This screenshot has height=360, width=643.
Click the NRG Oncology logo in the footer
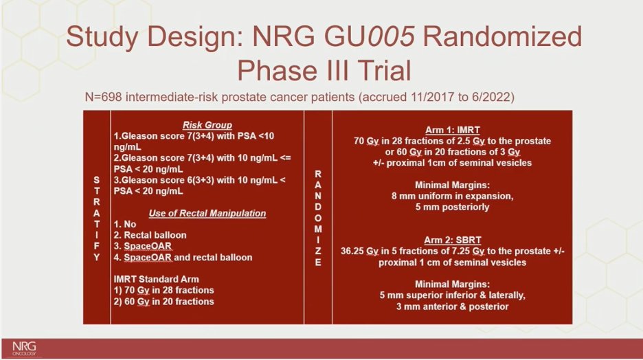click(x=24, y=348)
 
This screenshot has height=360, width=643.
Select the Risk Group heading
click(x=207, y=125)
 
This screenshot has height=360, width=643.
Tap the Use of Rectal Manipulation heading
click(x=207, y=213)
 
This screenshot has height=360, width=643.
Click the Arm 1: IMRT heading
click(x=452, y=130)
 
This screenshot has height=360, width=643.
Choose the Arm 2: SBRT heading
click(x=452, y=240)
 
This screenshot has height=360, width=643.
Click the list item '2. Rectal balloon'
click(x=150, y=236)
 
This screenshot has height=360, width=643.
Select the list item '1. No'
click(x=124, y=224)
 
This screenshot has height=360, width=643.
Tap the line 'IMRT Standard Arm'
click(x=156, y=279)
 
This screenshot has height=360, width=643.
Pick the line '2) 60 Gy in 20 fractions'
click(x=163, y=302)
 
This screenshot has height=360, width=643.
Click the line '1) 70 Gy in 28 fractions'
click(x=163, y=291)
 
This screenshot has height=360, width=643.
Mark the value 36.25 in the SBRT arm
click(x=352, y=251)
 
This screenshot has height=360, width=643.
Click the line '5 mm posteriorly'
click(x=452, y=207)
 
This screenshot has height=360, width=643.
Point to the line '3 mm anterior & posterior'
click(x=452, y=306)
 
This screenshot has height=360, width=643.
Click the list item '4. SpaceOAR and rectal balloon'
click(x=183, y=258)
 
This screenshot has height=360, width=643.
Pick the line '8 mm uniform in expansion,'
click(x=452, y=196)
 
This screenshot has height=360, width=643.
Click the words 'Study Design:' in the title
click(x=156, y=37)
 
